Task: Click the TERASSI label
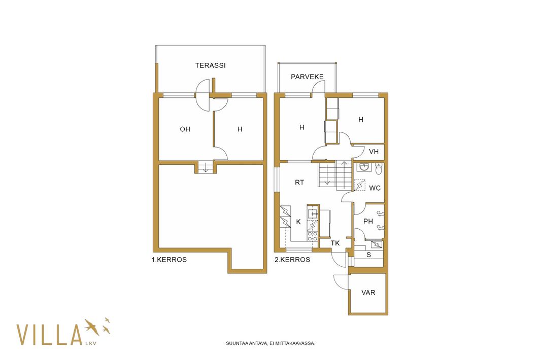click(x=210, y=65)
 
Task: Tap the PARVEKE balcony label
click(x=307, y=77)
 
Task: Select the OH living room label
click(x=185, y=129)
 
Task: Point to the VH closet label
click(x=374, y=152)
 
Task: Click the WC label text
click(x=375, y=188)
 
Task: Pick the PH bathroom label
click(x=368, y=222)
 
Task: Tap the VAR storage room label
click(x=368, y=293)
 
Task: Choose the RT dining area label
click(x=299, y=183)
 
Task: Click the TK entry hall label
click(x=335, y=243)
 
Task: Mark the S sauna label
click(x=369, y=255)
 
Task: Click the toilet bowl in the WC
click(x=379, y=168)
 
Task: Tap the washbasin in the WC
click(x=364, y=167)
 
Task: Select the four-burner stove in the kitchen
click(x=312, y=237)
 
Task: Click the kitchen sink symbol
click(x=313, y=213)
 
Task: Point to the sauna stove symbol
click(x=377, y=245)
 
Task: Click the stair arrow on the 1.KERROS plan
click(x=206, y=168)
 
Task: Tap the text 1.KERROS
click(x=169, y=260)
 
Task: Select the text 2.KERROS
click(x=292, y=260)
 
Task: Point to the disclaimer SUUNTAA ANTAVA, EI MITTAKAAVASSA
click(x=270, y=343)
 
